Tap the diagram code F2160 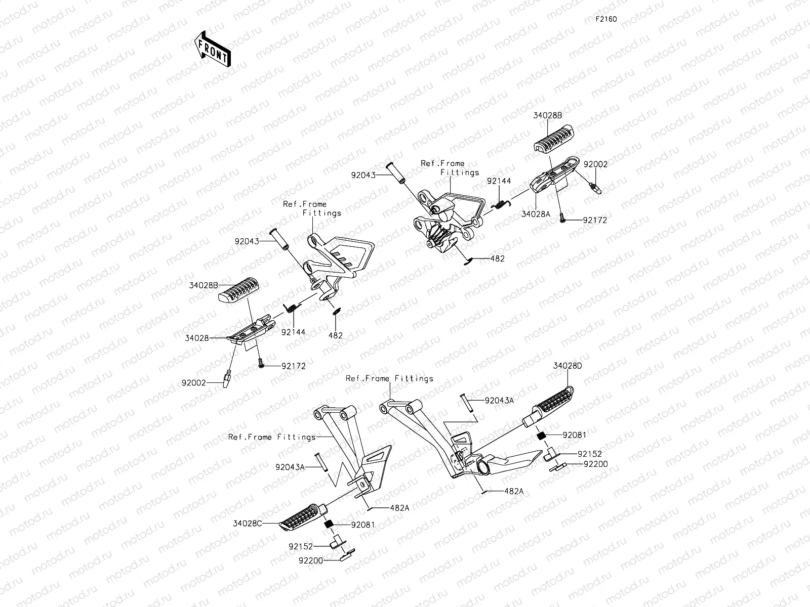click(606, 19)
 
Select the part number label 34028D click(567, 366)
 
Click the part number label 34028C click(247, 524)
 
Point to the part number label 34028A click(536, 214)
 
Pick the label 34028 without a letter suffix click(197, 338)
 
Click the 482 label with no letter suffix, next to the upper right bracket click(497, 258)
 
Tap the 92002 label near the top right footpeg click(595, 164)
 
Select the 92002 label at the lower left click(194, 383)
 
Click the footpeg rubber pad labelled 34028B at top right click(554, 138)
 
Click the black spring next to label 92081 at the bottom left click(328, 524)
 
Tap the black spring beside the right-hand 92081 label click(541, 436)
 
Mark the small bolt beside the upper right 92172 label click(562, 218)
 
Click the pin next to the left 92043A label click(320, 462)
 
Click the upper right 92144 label click(499, 181)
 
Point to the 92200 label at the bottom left click(311, 560)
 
